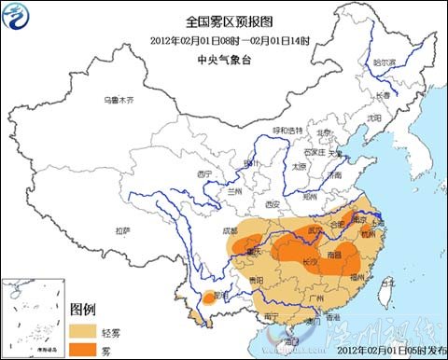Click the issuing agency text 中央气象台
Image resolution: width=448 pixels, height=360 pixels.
(x=222, y=58)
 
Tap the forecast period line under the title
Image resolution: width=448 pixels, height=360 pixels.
(x=222, y=39)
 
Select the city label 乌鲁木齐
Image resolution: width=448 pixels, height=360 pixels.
(x=119, y=99)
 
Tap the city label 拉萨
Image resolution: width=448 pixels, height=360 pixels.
(x=123, y=229)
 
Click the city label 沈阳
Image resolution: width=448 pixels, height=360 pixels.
(x=373, y=118)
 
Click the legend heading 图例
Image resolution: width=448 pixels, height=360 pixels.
(x=84, y=311)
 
